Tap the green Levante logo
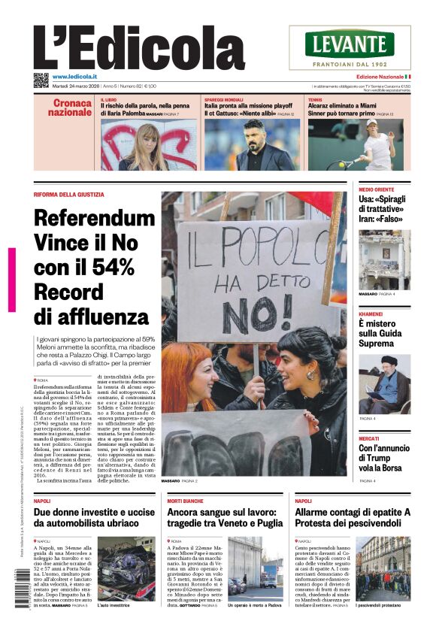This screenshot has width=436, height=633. tap(350, 44)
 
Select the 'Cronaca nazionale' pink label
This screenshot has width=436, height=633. tap(71, 108)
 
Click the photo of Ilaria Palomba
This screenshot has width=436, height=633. tap(149, 144)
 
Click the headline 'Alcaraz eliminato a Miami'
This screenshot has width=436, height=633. tap(348, 106)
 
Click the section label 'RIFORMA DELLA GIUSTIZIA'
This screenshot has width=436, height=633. tap(69, 195)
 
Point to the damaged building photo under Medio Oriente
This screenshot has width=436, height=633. tap(384, 259)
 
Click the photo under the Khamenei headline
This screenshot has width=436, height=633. tap(384, 383)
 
